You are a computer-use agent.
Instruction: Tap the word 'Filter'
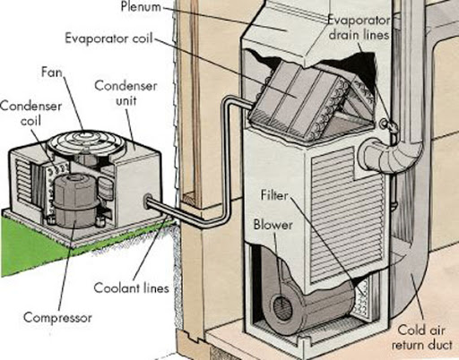[x=274, y=194]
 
